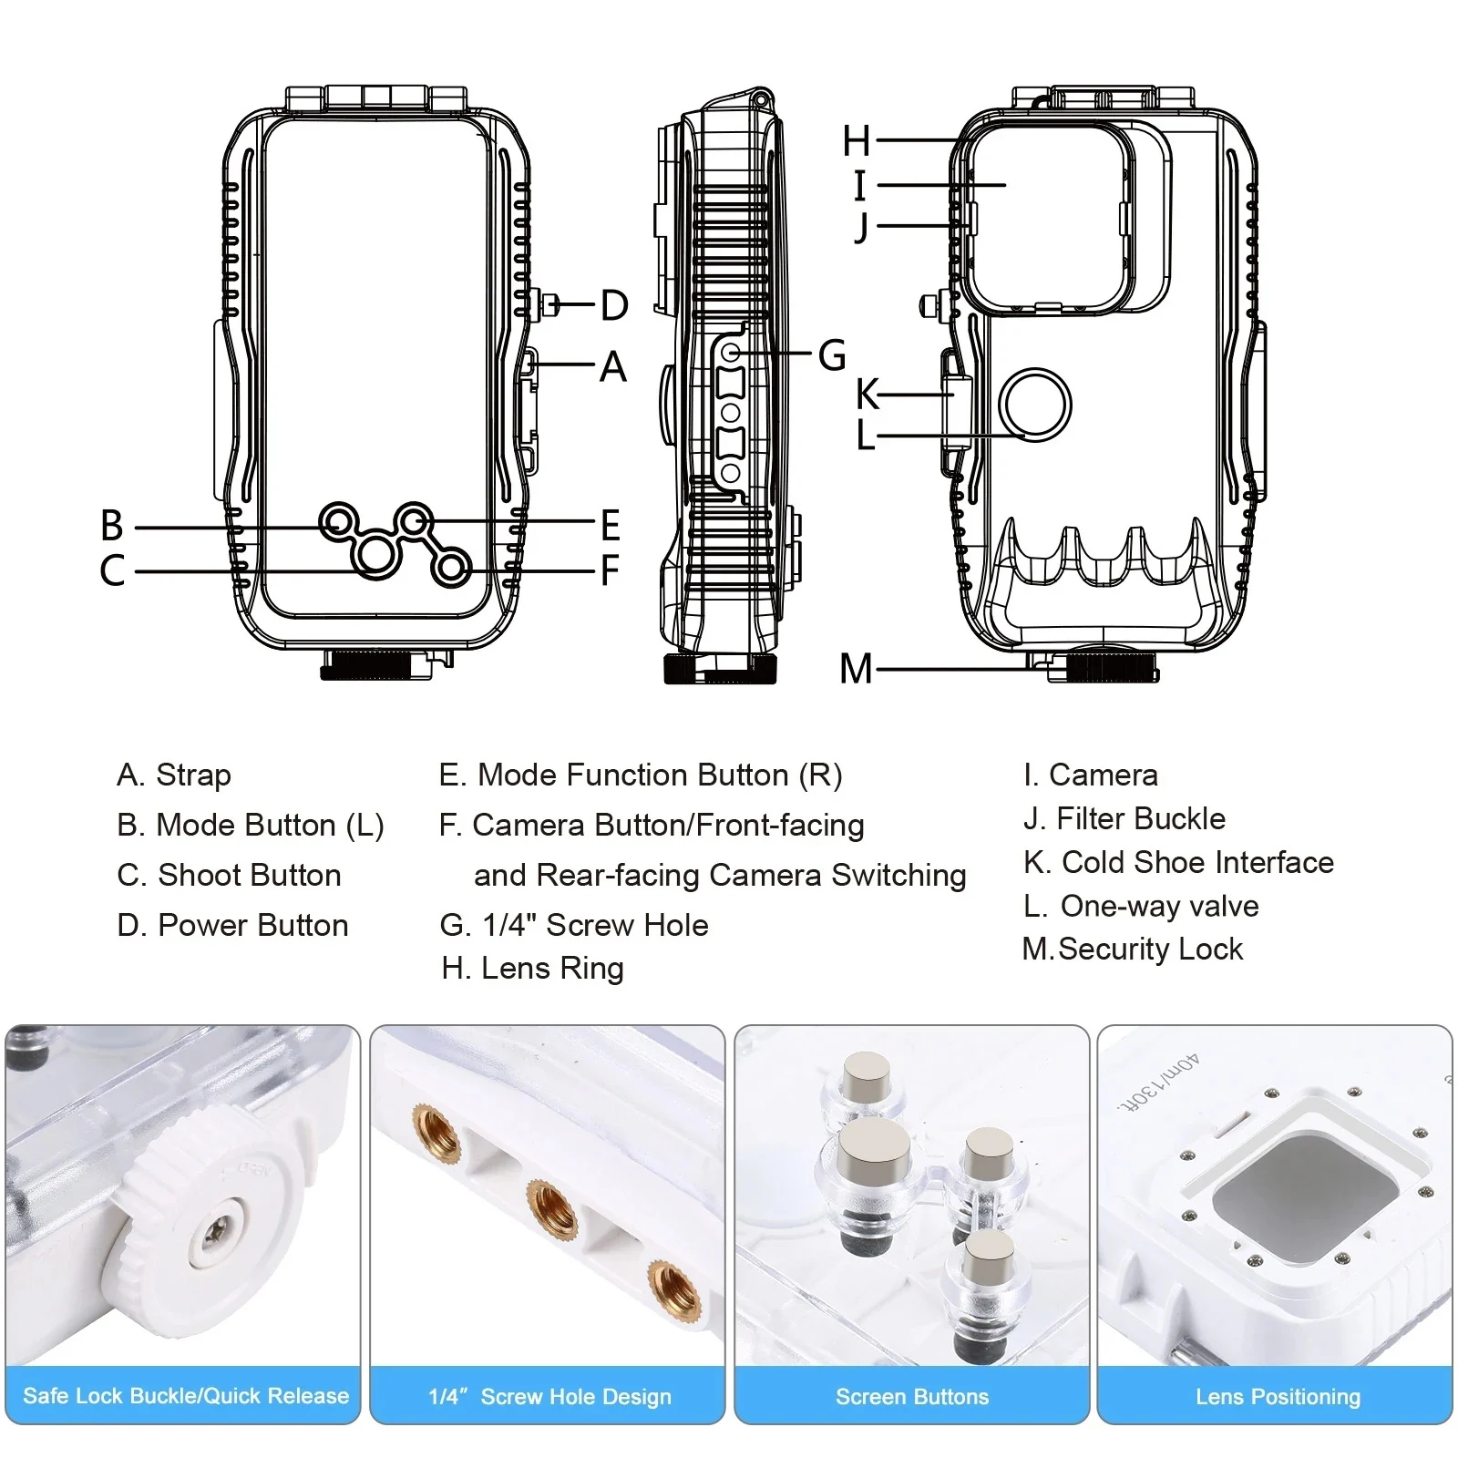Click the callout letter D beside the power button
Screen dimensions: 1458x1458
tap(615, 306)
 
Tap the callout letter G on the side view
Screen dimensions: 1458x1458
tap(832, 355)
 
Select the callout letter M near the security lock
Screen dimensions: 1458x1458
tap(856, 670)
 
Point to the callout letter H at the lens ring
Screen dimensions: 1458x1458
tap(857, 141)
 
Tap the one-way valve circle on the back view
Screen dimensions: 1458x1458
tap(1034, 405)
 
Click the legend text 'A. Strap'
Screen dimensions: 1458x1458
tap(174, 775)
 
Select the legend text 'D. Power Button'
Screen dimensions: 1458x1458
tap(233, 926)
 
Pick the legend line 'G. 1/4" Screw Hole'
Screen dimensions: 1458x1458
tap(574, 926)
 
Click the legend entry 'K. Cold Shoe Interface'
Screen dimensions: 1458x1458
tap(1178, 862)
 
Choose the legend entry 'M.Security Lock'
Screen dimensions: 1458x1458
tap(1133, 950)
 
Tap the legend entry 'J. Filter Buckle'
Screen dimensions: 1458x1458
tap(1124, 819)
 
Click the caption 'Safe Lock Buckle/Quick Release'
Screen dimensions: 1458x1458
tap(186, 1396)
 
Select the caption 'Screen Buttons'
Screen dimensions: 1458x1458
tap(912, 1397)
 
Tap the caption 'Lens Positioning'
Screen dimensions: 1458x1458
tap(1278, 1397)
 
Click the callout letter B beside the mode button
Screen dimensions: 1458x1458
tap(112, 526)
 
